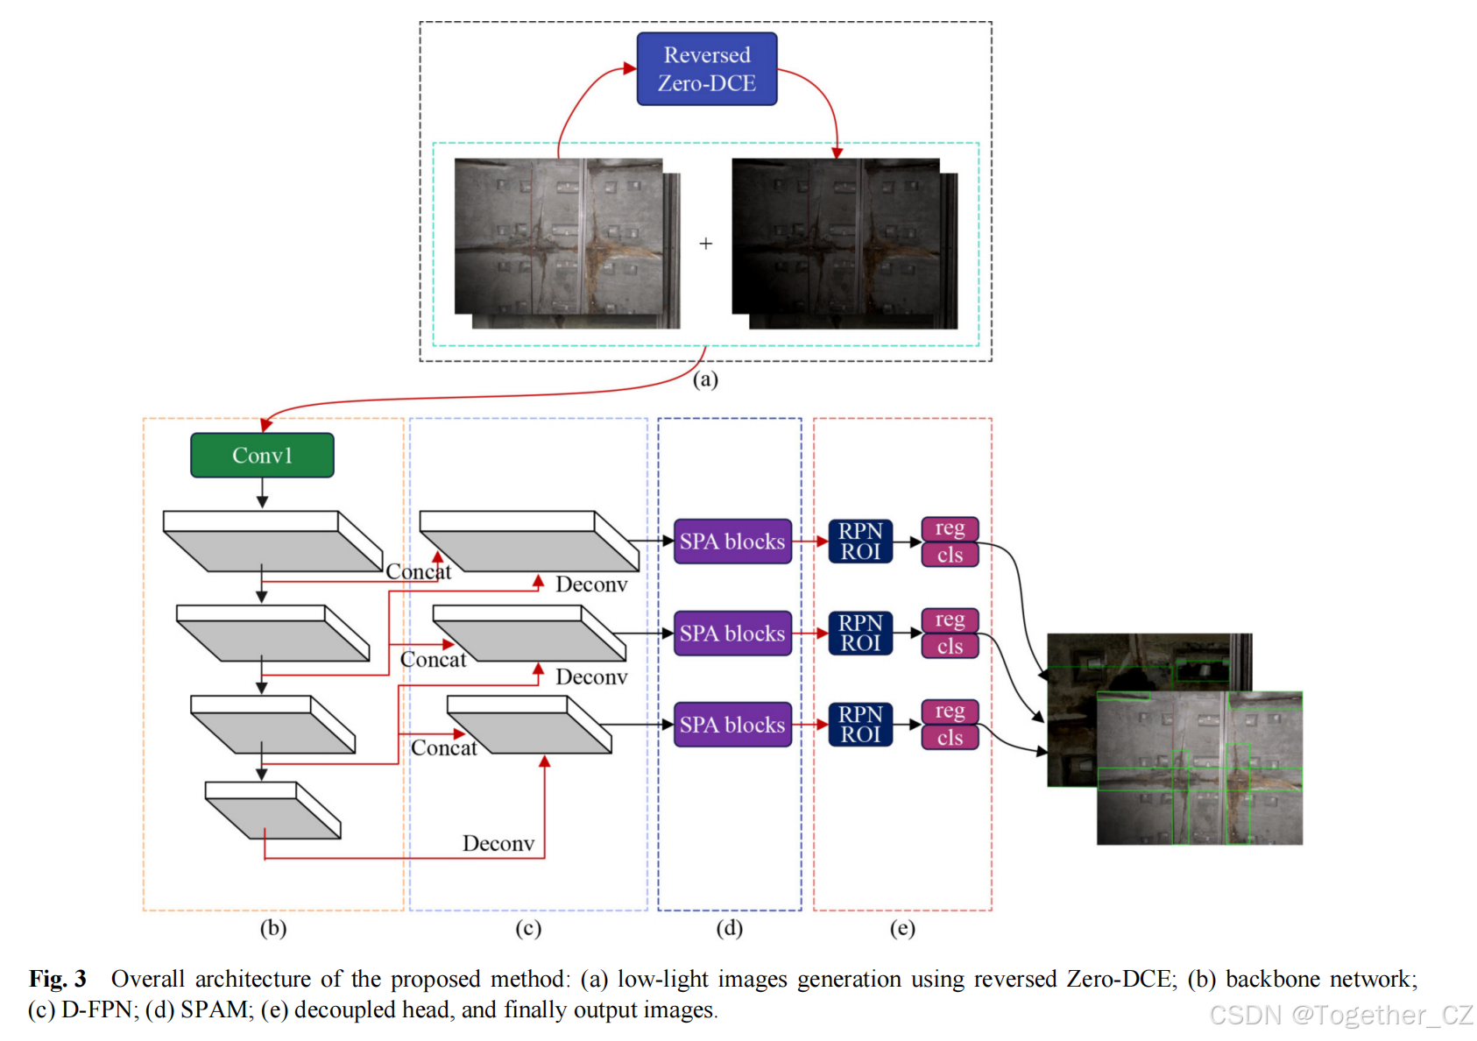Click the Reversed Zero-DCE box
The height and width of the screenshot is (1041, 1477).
pyautogui.click(x=706, y=69)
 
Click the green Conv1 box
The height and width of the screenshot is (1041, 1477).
pyautogui.click(x=262, y=455)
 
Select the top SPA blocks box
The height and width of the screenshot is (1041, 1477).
pyautogui.click(x=732, y=542)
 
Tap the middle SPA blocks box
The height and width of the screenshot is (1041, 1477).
pyautogui.click(x=732, y=634)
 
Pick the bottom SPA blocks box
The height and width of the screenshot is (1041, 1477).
pyautogui.click(x=732, y=725)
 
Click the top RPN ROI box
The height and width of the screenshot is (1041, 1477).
pyautogui.click(x=860, y=542)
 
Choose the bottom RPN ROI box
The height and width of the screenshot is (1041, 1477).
pyautogui.click(x=860, y=725)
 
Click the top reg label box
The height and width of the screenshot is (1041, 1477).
pyautogui.click(x=950, y=528)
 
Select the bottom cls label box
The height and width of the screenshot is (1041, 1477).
pyautogui.click(x=950, y=738)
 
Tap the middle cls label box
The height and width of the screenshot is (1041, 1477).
pyautogui.click(x=950, y=647)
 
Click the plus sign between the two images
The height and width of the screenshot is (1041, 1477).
pyautogui.click(x=706, y=244)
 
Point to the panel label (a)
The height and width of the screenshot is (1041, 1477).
pyautogui.click(x=705, y=379)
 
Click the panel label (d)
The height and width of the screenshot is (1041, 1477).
pyautogui.click(x=729, y=928)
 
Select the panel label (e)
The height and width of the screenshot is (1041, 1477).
pyautogui.click(x=902, y=928)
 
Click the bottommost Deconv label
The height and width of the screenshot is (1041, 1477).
pyautogui.click(x=498, y=844)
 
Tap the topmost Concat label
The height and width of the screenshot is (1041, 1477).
pyautogui.click(x=419, y=572)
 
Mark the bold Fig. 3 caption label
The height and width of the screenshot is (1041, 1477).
pyautogui.click(x=58, y=979)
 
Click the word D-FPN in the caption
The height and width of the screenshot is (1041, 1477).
pyautogui.click(x=96, y=1010)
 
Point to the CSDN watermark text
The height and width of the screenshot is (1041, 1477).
pyautogui.click(x=1340, y=1015)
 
